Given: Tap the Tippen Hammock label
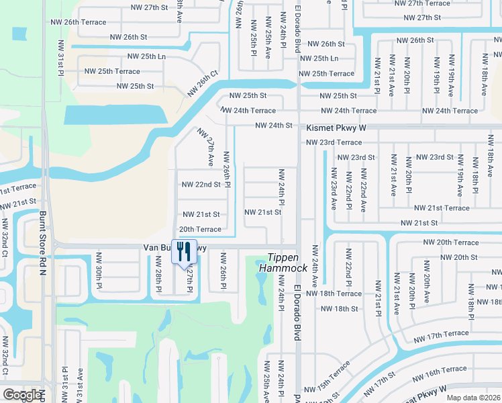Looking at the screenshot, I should point(287,263).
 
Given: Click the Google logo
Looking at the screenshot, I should point(22,395).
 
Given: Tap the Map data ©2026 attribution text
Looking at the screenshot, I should point(473,398).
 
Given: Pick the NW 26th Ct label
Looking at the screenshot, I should point(203,83).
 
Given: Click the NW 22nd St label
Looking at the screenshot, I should point(201,184).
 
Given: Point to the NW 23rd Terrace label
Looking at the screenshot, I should point(334,142).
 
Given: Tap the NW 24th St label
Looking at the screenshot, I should point(274,125).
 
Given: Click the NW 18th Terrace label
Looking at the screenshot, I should point(334,294).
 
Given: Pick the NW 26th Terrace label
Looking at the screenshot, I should point(79,22).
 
